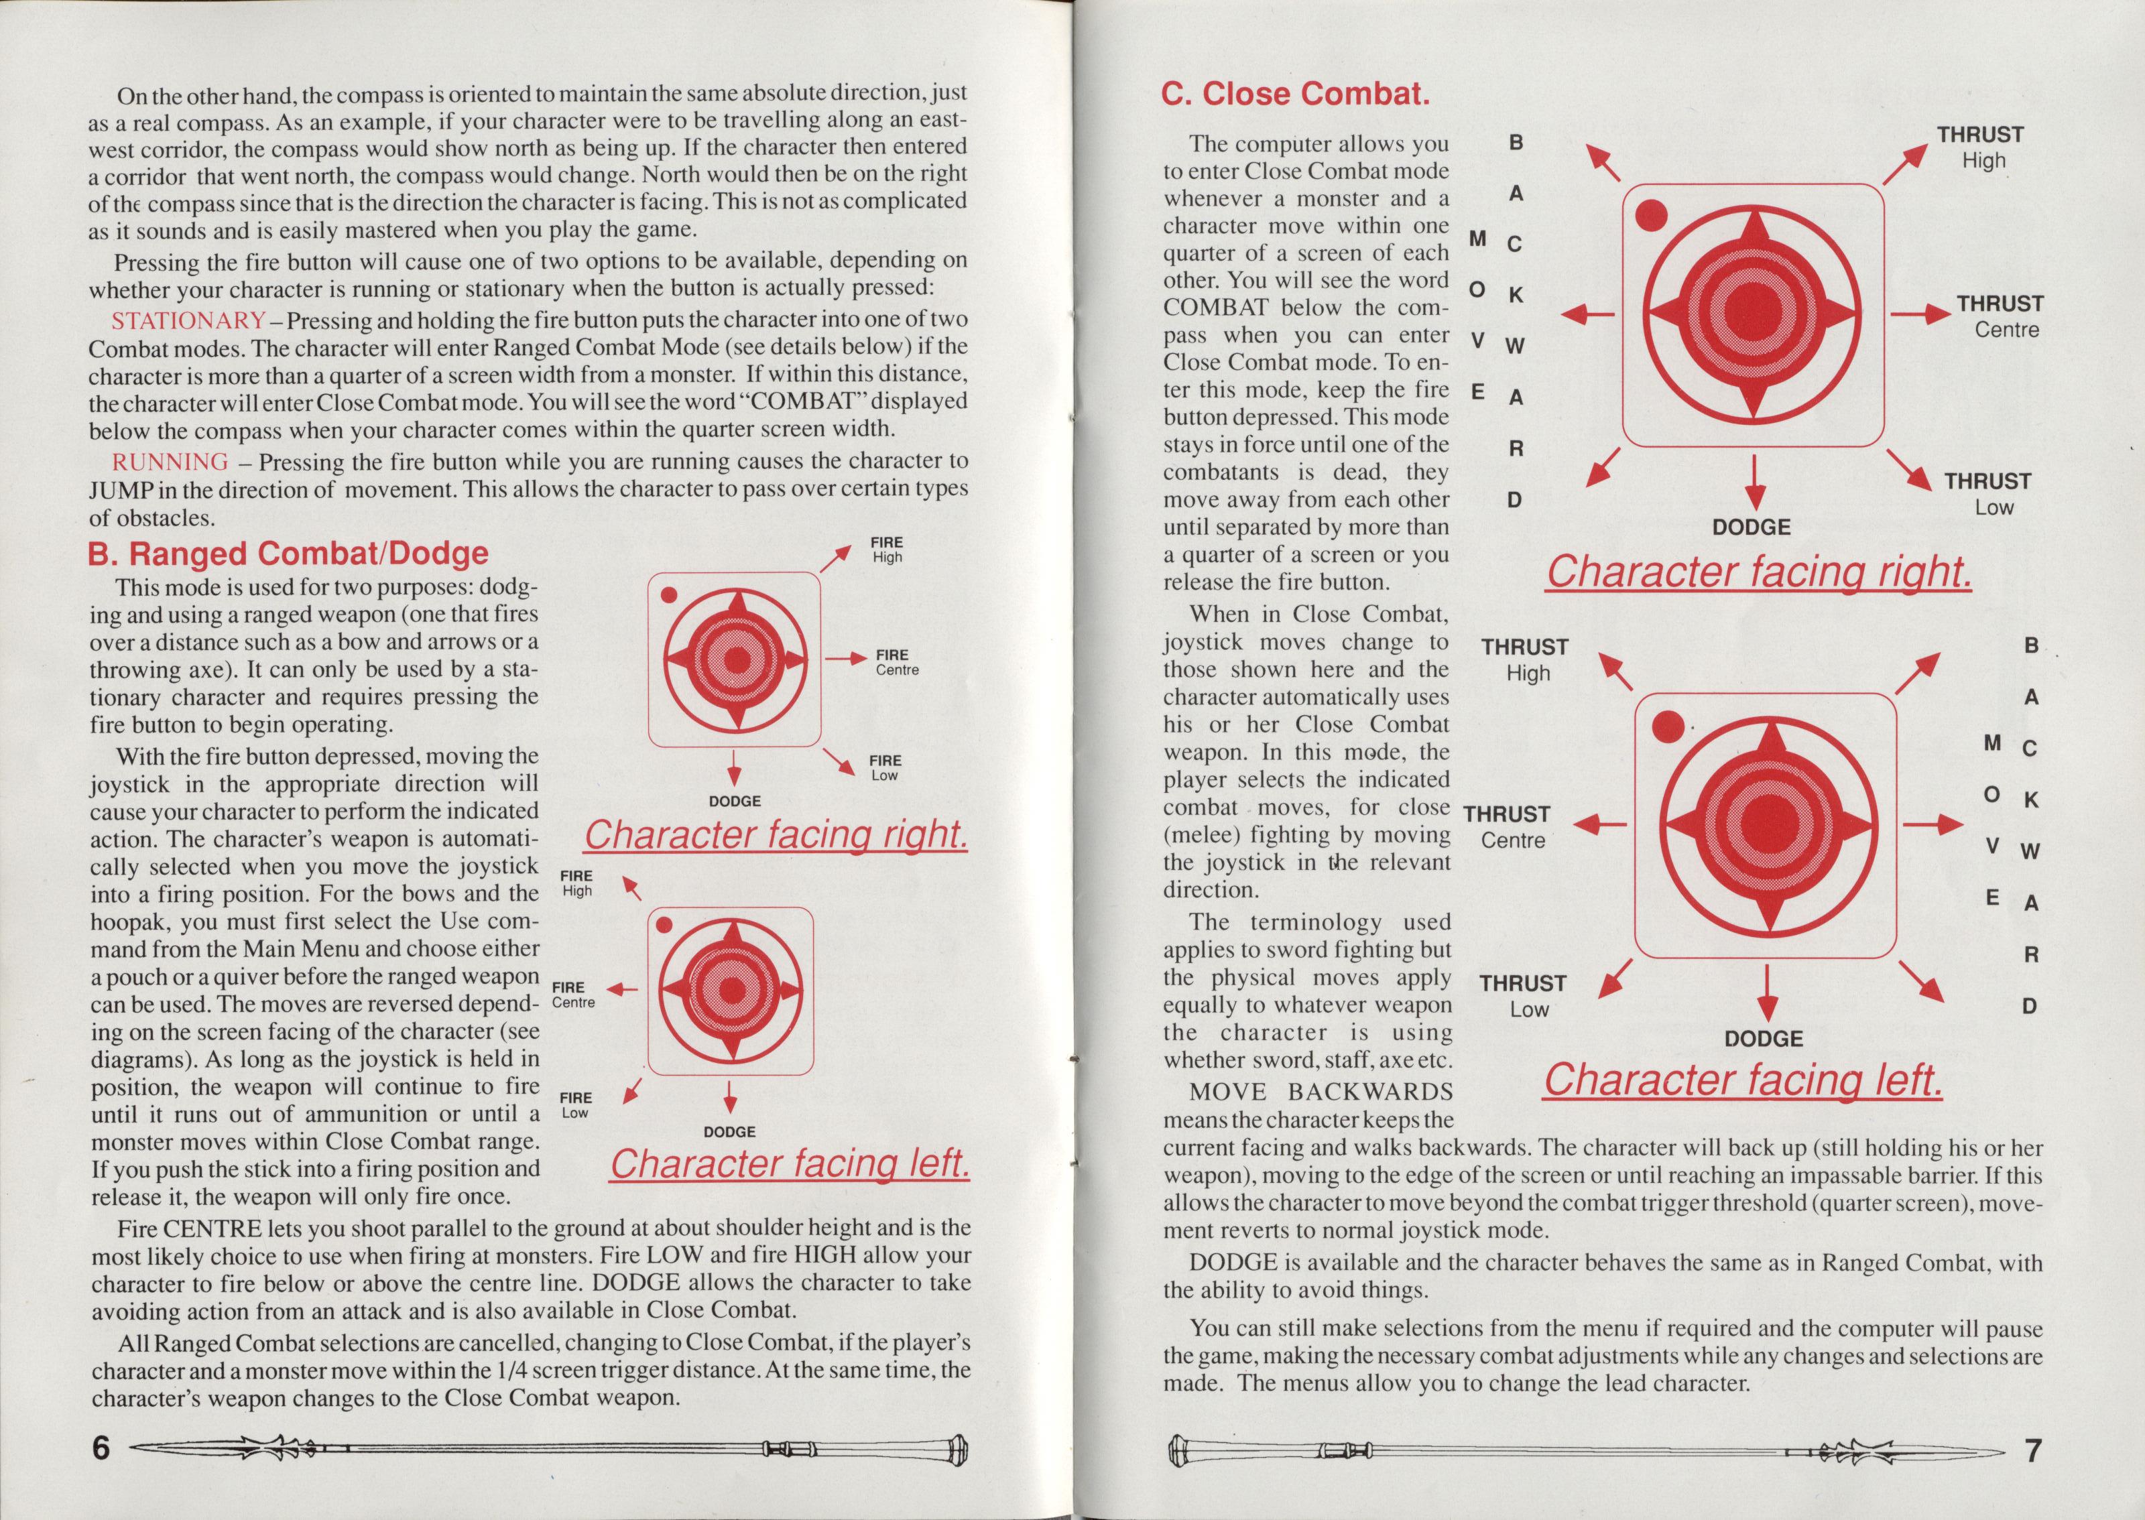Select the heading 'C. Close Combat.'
(x=1295, y=94)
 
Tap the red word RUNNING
(x=170, y=461)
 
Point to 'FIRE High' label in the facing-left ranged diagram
(x=576, y=883)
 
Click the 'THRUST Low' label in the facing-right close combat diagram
(x=1987, y=494)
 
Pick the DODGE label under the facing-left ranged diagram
(x=729, y=1131)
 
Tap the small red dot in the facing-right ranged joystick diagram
(x=668, y=595)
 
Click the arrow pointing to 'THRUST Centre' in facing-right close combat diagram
(x=1920, y=314)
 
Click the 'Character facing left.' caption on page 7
(x=1743, y=1080)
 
